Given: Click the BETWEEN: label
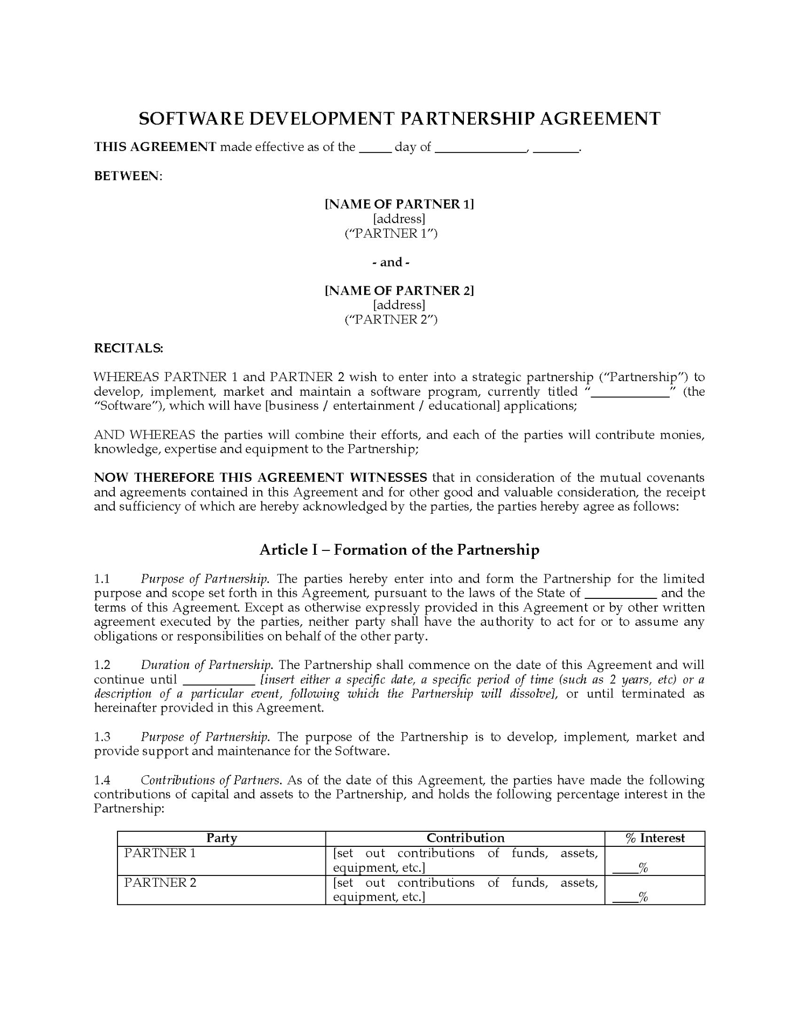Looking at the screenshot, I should (128, 176).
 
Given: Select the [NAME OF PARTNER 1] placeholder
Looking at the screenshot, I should (399, 204).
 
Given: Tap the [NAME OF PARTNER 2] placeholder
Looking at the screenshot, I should (399, 291).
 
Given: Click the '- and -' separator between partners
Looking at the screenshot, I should (399, 263).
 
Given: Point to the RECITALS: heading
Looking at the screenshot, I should (129, 348).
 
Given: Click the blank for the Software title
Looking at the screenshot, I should (630, 392).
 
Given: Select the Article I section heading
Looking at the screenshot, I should (399, 550).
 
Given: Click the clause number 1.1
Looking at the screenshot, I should (102, 579).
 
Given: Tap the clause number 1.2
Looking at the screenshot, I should (102, 665).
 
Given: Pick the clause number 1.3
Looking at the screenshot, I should (102, 737).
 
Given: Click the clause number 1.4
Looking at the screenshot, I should (102, 780).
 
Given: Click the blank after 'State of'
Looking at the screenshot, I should (621, 594).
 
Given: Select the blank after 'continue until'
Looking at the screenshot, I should (219, 680).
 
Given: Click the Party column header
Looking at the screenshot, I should (221, 838).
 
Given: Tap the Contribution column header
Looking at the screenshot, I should (465, 838).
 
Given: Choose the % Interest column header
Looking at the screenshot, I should (655, 838).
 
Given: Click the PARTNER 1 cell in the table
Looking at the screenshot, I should (160, 853).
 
